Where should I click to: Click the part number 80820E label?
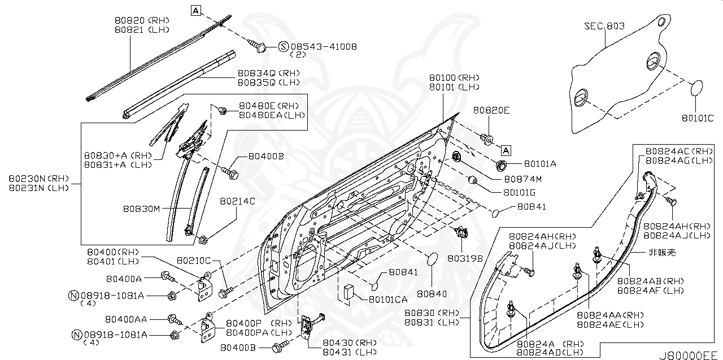click(x=491, y=110)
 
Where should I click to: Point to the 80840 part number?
click(x=432, y=294)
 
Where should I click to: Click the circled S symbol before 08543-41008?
click(x=284, y=47)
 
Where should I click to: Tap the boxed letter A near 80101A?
click(x=506, y=150)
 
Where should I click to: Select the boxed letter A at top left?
click(x=195, y=10)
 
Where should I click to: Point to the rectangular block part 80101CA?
click(x=347, y=292)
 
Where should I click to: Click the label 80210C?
click(x=194, y=261)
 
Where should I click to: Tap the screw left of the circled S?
click(x=260, y=47)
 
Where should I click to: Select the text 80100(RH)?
click(x=454, y=77)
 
